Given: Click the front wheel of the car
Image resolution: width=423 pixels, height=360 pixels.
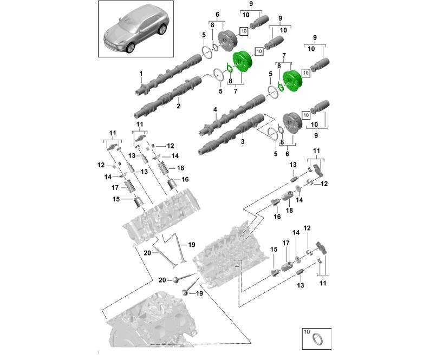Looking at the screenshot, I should tap(130, 48).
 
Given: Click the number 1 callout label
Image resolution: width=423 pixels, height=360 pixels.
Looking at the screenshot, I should tap(140, 73).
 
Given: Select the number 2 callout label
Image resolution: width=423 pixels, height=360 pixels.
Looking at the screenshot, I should tap(178, 107).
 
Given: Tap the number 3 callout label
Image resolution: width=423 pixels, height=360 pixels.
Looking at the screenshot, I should tap(243, 141).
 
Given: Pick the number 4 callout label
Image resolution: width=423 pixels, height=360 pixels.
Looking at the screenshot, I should tap(215, 110).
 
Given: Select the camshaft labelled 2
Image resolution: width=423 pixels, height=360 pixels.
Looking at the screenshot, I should tap(168, 97).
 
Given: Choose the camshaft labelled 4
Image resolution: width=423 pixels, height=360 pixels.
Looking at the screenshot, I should tap(233, 114).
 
